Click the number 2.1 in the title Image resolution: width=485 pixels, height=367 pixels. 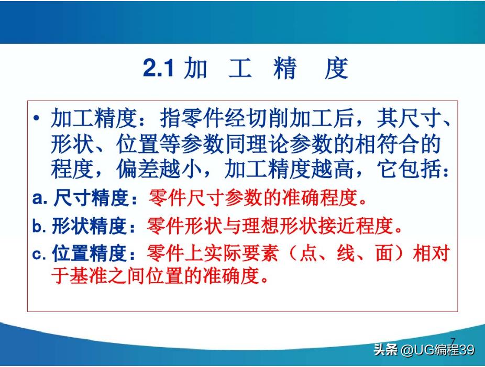coord(158,69)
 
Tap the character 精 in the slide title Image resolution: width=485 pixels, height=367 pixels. coord(284,69)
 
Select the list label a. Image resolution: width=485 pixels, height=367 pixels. coord(40,198)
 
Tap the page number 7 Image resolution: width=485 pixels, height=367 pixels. coord(453,341)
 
